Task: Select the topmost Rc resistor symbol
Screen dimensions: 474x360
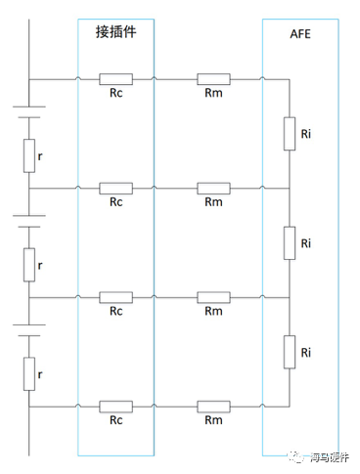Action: click(x=115, y=79)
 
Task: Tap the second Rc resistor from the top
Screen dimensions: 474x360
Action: click(x=115, y=188)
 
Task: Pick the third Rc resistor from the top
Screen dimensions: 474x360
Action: click(x=115, y=296)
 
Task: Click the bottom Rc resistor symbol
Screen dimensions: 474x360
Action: click(x=115, y=405)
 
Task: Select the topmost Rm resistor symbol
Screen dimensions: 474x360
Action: click(x=213, y=79)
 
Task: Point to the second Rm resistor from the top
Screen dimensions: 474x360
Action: click(x=213, y=188)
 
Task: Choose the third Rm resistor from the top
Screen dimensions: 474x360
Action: click(x=213, y=296)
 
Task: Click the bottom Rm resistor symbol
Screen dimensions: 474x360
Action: click(x=213, y=405)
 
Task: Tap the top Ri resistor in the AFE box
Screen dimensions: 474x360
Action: click(x=290, y=134)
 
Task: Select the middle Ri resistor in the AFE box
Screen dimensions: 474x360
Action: click(x=290, y=242)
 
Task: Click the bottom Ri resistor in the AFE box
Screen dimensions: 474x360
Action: click(x=290, y=350)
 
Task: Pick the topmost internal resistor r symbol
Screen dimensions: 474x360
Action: click(x=29, y=155)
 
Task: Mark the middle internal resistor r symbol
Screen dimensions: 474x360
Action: click(x=29, y=263)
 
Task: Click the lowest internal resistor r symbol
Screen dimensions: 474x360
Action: click(x=29, y=371)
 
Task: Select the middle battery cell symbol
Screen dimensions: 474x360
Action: click(x=29, y=224)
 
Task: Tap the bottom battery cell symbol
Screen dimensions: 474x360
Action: click(x=29, y=332)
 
